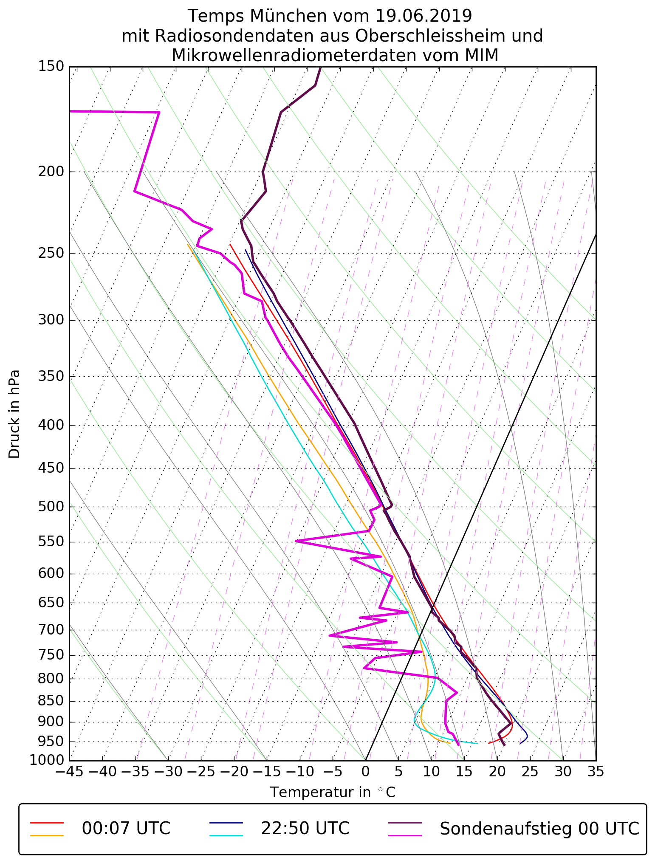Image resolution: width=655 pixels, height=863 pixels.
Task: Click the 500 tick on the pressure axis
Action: click(51, 507)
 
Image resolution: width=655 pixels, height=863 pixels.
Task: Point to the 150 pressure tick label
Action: click(51, 66)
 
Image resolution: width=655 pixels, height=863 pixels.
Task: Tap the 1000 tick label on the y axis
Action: click(47, 760)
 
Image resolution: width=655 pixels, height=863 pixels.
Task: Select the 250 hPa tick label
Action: click(51, 253)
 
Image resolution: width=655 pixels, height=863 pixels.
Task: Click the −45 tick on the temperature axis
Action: click(70, 771)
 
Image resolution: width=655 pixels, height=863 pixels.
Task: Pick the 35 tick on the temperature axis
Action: click(596, 771)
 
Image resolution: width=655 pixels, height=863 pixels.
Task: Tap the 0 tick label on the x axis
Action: click(365, 771)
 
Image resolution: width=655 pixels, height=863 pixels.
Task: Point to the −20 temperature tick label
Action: click(234, 771)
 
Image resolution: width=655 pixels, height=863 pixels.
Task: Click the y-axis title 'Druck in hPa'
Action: click(14, 414)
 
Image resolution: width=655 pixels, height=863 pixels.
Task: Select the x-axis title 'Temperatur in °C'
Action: click(333, 792)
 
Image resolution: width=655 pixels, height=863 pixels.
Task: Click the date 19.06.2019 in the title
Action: click(423, 16)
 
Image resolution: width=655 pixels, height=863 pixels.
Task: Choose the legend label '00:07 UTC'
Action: click(126, 829)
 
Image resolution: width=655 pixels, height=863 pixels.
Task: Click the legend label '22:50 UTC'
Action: click(305, 829)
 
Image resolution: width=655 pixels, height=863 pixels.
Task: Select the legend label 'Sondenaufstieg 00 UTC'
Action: click(539, 829)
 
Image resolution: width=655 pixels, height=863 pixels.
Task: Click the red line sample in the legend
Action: click(47, 823)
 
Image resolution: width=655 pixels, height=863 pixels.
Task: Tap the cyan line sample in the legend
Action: click(226, 835)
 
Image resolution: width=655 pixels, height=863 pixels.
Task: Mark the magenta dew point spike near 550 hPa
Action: click(296, 541)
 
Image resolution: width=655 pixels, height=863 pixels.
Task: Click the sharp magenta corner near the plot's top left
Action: click(159, 112)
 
